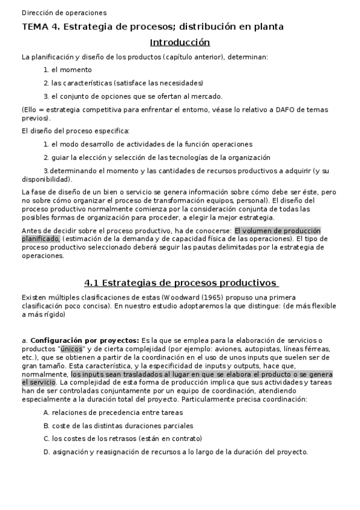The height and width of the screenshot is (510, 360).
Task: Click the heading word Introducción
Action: coord(180,42)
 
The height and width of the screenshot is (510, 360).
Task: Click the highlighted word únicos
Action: coord(72,349)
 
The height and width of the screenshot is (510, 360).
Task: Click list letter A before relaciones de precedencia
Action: coord(46,413)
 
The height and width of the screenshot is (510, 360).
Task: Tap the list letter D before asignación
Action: coord(46,452)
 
